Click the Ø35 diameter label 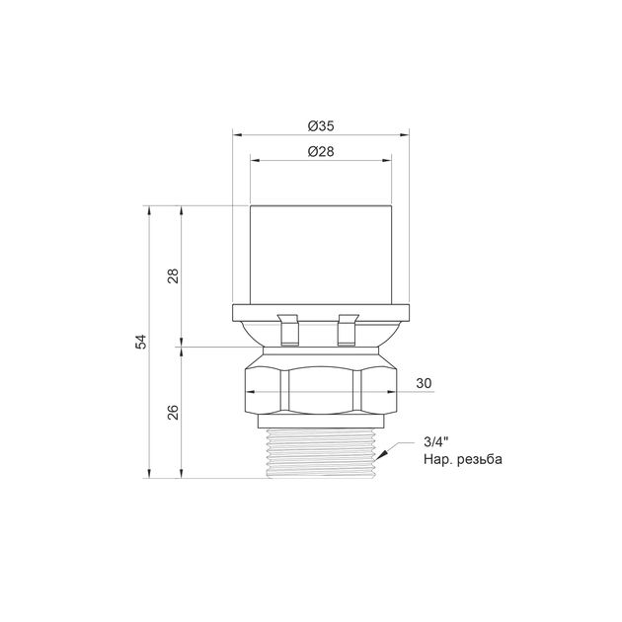point(321,126)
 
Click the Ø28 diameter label point(321,151)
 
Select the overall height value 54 point(141,342)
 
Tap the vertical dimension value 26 point(174,413)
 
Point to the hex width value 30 point(424,383)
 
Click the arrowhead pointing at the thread point(381,455)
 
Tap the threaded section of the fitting point(321,453)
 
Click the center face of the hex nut point(321,391)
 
